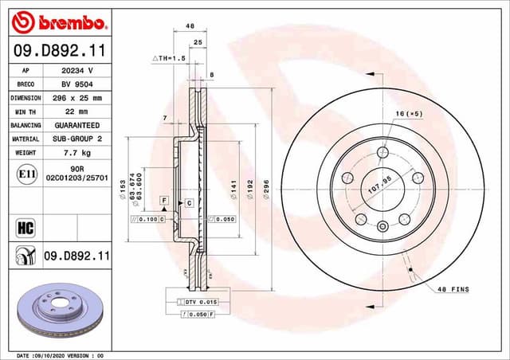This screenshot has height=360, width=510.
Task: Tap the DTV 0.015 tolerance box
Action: [200, 303]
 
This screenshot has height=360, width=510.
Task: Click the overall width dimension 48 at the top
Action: [190, 26]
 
